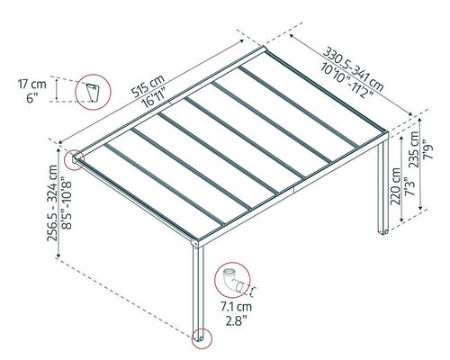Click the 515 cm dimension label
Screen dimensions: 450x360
pos(148,85)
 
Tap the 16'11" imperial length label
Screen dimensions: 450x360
pos(155,98)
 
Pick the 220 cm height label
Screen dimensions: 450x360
pos(396,186)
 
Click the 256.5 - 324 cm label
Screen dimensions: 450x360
pos(53,203)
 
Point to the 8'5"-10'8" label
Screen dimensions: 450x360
pos(67,205)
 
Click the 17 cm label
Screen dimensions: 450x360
pos(32,85)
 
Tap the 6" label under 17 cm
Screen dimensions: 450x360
pos(32,98)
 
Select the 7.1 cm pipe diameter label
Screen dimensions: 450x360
pos(237,307)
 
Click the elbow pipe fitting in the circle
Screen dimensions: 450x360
pos(233,281)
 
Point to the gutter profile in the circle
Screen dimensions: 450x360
pos(93,93)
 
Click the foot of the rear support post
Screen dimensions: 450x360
pos(383,232)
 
